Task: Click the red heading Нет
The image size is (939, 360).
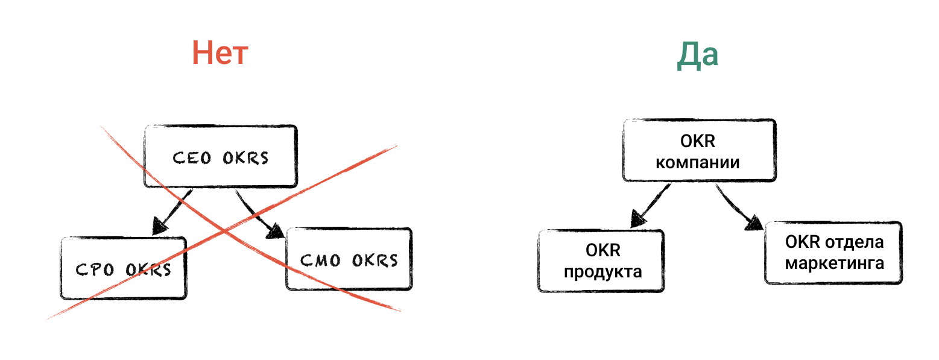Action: coord(220,54)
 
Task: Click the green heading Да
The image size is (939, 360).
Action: coord(697,55)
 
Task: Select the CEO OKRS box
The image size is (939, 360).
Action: coord(221,157)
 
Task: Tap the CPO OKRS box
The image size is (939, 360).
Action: coord(124,268)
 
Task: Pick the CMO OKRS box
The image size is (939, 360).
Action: coord(349,259)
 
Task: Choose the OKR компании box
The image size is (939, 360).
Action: coord(698,151)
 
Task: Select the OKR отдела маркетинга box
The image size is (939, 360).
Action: coord(834,253)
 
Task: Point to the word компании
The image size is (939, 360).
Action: coord(698,163)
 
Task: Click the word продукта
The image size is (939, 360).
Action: coord(602,271)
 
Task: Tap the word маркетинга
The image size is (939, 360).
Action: coord(835,264)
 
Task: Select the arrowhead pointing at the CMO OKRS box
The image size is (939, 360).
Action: coord(276,232)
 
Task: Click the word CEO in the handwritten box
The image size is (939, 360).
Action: coord(192,158)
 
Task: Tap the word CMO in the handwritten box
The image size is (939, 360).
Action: coord(320,261)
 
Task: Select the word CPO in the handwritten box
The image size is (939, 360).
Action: coord(95,270)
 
